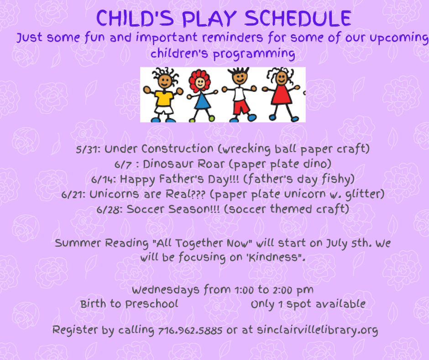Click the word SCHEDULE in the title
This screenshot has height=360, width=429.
pyautogui.click(x=298, y=18)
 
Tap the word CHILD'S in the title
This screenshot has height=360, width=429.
pyautogui.click(x=135, y=18)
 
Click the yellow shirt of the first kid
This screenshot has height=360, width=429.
pyautogui.click(x=164, y=98)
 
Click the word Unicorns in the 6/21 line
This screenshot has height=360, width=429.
pyautogui.click(x=114, y=194)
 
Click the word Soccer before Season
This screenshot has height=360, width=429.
pyautogui.click(x=145, y=209)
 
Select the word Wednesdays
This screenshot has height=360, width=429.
pyautogui.click(x=165, y=291)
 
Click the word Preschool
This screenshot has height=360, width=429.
pyautogui.click(x=152, y=304)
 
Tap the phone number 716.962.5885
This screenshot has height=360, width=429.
pyautogui.click(x=190, y=330)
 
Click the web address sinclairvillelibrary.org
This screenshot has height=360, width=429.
pyautogui.click(x=317, y=330)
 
